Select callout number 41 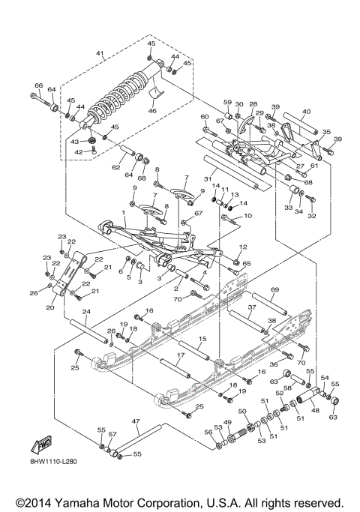pos(100,53)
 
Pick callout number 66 pos(39,87)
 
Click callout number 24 pos(86,311)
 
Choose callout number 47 pos(136,422)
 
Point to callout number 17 pos(180,355)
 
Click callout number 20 pos(51,307)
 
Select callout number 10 pos(248,216)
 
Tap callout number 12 pos(243,247)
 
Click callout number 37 pos(253,307)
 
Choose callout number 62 pos(115,168)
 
